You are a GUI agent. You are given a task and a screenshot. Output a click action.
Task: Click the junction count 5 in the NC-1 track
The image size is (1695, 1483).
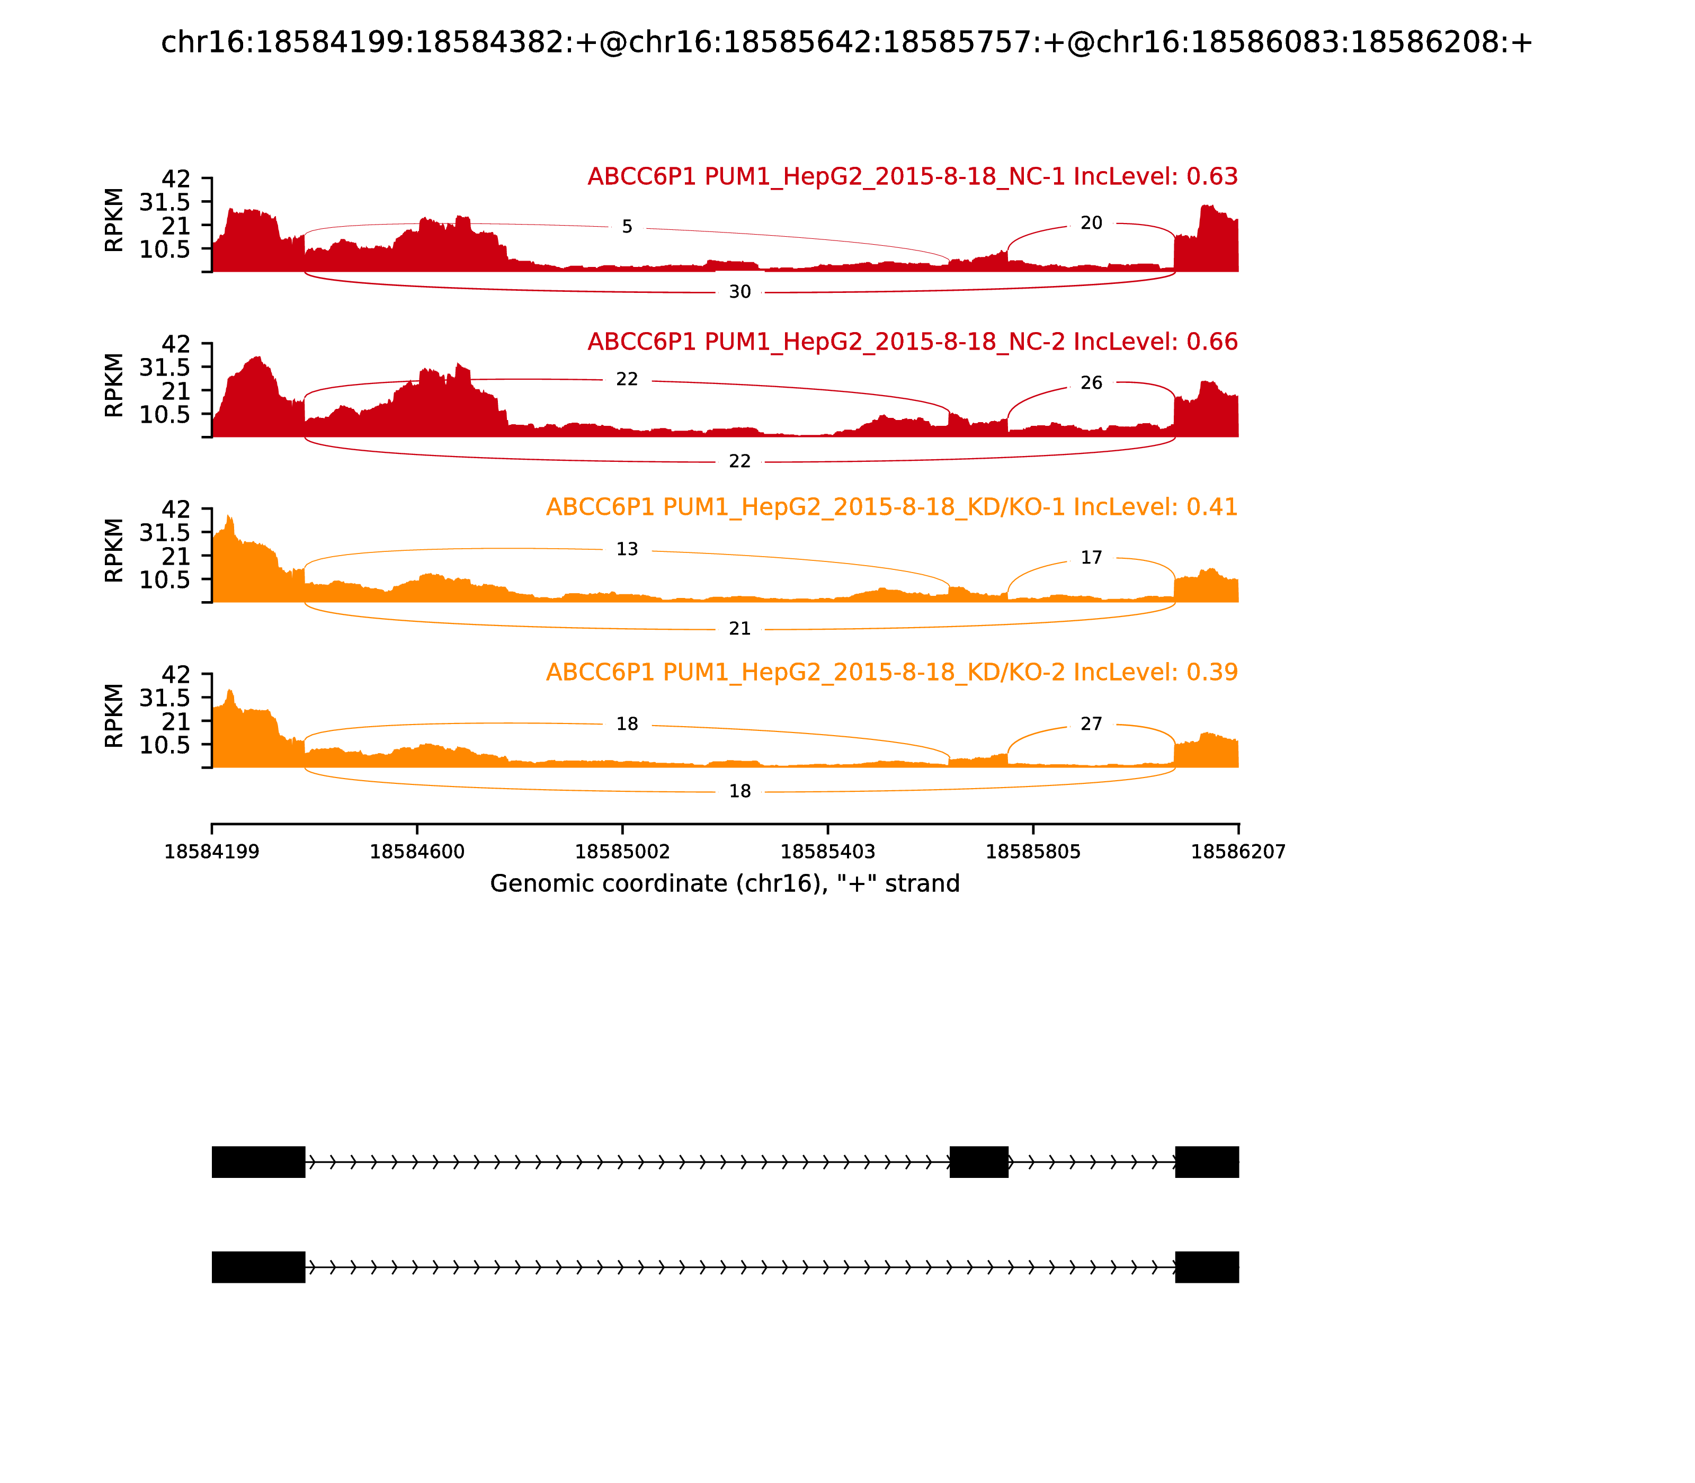pos(627,227)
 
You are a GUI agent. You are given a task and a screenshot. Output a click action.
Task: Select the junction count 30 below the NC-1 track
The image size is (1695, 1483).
pos(739,292)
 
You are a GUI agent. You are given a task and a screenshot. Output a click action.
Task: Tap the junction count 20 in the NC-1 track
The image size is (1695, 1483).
pos(1091,224)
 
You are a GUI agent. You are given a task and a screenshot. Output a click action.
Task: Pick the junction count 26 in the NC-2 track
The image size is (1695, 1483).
pos(1091,383)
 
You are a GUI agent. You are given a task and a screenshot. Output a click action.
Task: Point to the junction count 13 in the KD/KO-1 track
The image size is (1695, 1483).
pos(627,550)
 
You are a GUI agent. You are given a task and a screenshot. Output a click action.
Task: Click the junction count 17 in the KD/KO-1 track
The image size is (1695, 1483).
pos(1091,558)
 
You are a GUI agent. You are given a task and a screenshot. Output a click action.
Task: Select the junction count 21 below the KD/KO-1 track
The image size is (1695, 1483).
pos(739,629)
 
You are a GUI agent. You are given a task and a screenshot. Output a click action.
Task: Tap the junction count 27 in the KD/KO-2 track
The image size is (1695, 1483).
pos(1091,724)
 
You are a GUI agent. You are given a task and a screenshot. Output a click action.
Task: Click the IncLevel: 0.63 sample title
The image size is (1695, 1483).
pos(912,177)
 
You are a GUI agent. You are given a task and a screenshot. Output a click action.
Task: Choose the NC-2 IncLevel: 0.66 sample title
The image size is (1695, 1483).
pos(912,342)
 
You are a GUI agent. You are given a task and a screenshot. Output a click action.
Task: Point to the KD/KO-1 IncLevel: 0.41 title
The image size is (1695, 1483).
pos(891,507)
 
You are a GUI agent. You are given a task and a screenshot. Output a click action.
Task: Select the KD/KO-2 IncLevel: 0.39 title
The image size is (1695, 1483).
pos(891,672)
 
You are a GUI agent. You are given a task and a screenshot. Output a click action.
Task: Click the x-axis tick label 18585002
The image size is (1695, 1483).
pos(622,852)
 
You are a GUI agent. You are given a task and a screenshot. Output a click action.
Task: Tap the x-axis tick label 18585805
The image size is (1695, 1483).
pos(1033,852)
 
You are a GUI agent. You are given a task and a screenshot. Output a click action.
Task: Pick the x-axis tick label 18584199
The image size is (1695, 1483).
pos(212,852)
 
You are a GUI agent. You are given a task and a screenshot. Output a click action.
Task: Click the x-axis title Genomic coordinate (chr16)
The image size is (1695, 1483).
pos(724,884)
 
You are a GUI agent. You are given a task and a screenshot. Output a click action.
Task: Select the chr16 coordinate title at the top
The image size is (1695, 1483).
pos(846,42)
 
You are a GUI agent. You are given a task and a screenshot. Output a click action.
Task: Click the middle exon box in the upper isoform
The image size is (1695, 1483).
pos(978,1162)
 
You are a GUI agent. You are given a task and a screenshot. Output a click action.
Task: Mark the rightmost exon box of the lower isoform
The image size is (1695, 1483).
pos(1206,1267)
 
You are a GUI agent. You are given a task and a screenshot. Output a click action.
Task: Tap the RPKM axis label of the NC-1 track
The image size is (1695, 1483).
pos(114,220)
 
